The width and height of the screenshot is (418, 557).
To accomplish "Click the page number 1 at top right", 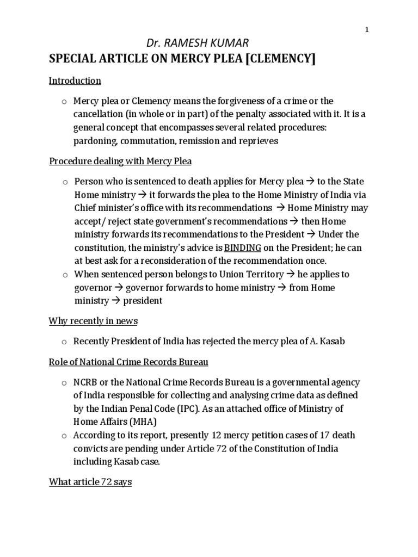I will coord(367,30).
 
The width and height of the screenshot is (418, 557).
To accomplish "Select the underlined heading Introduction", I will coord(75,81).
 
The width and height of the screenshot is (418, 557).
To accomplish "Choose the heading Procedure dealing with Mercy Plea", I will coord(120,161).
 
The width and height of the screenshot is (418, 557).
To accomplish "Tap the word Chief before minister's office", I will coord(85,208).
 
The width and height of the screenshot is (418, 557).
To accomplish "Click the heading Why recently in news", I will coord(93,321).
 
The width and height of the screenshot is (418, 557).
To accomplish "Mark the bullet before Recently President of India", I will coord(64,342).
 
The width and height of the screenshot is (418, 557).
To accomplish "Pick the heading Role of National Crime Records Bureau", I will coord(128,362).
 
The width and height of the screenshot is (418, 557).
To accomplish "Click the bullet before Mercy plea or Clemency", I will coord(64,102).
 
